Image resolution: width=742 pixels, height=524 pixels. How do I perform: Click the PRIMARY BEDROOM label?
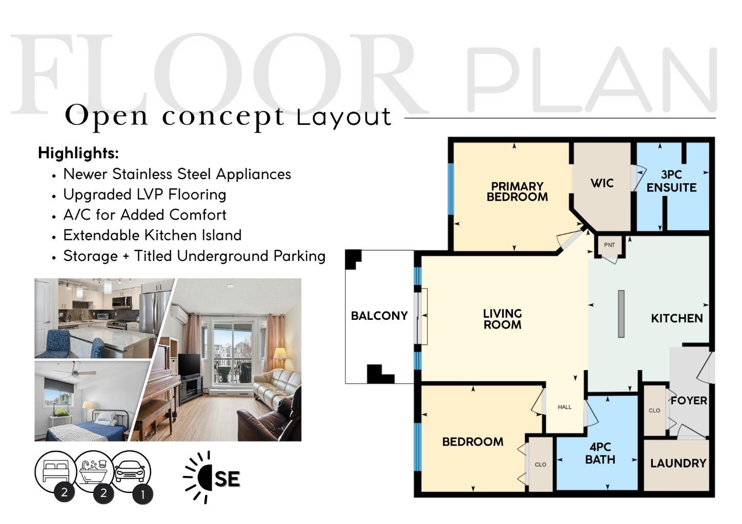coord(517,192)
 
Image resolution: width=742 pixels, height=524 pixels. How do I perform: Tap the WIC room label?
coord(602,183)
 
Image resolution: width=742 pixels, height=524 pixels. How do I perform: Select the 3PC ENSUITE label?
coord(671,181)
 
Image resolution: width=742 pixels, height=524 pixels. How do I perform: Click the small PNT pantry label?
coord(609,245)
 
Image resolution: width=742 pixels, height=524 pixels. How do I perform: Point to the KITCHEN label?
coord(676,318)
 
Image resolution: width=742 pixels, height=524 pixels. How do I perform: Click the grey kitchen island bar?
coord(621,314)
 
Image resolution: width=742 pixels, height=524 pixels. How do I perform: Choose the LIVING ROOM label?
coord(502,319)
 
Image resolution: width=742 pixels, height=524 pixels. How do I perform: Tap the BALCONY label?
coord(379,316)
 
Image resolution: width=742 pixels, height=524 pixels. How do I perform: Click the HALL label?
coord(565,407)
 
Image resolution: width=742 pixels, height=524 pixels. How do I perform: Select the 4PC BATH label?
coord(600,453)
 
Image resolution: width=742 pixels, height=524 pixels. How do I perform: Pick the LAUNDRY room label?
coord(678,464)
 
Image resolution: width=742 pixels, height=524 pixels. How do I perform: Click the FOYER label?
coord(689,401)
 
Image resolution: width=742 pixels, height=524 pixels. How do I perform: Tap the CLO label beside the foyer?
coord(654,410)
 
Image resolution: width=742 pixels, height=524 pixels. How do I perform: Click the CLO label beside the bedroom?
coord(540,465)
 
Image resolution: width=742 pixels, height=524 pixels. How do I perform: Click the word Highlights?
coord(78,153)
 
